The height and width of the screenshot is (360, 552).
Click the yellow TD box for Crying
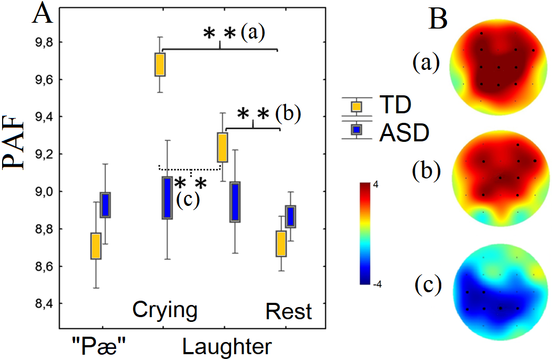160,65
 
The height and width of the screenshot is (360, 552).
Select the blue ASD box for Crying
167,197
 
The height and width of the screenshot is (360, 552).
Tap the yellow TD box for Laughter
222,147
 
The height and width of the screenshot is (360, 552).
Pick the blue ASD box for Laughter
235,202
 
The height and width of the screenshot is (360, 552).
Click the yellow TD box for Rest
281,244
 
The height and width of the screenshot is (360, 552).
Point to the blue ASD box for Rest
290,217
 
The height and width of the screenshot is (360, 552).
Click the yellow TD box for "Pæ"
95,246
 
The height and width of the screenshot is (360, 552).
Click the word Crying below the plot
165,310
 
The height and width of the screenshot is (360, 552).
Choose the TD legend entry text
394,105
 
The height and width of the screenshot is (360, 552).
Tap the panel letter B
439,19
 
